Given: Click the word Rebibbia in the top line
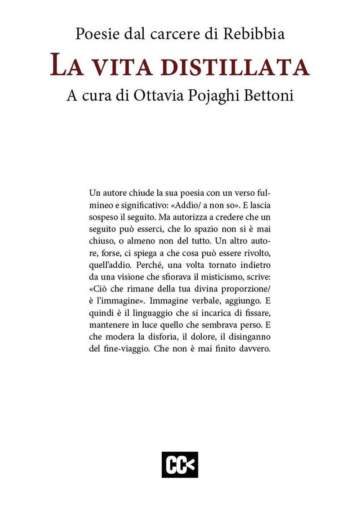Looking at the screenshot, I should click(254, 34).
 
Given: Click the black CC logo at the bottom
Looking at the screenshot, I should click(180, 464).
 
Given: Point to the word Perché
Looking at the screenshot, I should click(150, 265).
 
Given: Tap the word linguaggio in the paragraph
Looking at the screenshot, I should click(153, 313).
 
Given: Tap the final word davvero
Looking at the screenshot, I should click(255, 349).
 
